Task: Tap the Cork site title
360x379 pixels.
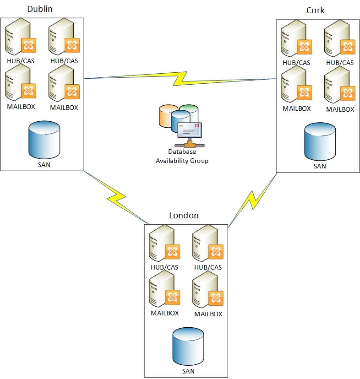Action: pos(315,10)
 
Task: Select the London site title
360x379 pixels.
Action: pos(184,216)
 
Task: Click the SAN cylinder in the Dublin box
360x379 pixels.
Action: pos(44,139)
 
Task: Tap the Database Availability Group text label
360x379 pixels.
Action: pos(182,156)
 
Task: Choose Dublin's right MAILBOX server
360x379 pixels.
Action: pos(63,85)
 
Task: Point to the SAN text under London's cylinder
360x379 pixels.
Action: pos(188,371)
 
